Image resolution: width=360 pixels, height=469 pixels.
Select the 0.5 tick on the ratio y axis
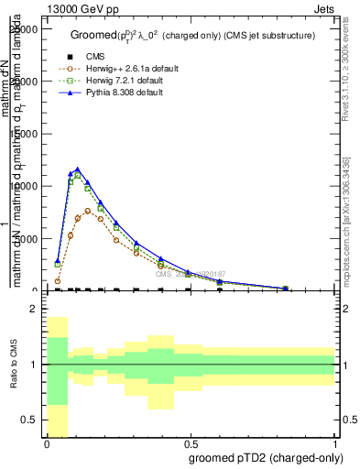coord(31,420)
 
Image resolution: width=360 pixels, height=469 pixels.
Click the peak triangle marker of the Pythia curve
coord(78,169)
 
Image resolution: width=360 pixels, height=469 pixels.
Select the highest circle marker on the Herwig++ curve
coord(88,210)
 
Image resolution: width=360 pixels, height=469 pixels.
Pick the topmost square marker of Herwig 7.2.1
coord(78,174)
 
